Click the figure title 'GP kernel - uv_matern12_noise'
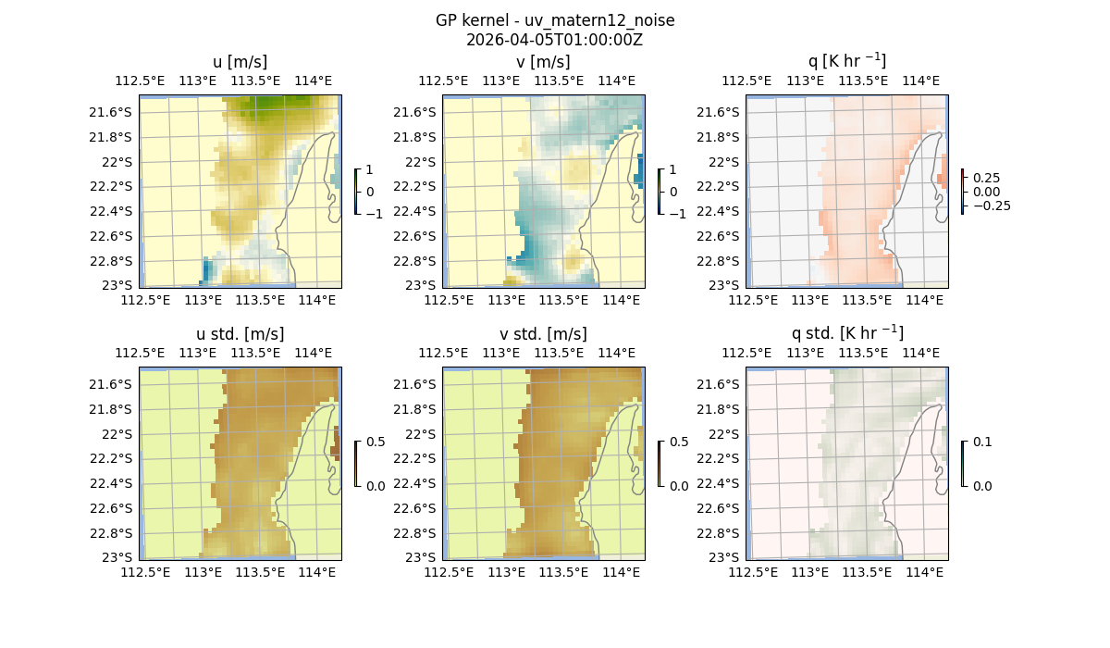coord(554,20)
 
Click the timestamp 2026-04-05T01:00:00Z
coord(554,40)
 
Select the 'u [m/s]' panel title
coord(240,62)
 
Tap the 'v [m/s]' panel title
coord(543,62)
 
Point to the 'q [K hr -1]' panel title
coord(846,61)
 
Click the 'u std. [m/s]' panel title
coord(240,334)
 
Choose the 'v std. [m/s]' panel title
coord(543,334)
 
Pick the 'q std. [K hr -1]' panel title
coord(846,333)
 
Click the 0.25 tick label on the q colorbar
coord(986,178)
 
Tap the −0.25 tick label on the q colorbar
coord(991,206)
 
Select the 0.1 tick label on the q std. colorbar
coord(981,442)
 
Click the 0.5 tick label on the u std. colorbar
coord(376,442)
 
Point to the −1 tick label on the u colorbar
coord(375,213)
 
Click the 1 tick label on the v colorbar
coord(672,169)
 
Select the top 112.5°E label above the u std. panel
coord(140,353)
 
